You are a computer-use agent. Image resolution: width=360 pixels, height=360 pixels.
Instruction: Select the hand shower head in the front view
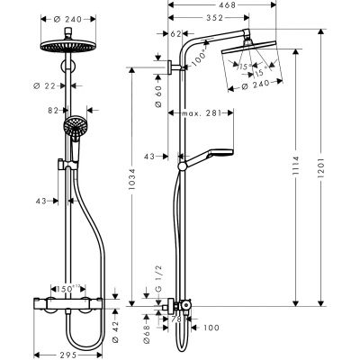(72, 130)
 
